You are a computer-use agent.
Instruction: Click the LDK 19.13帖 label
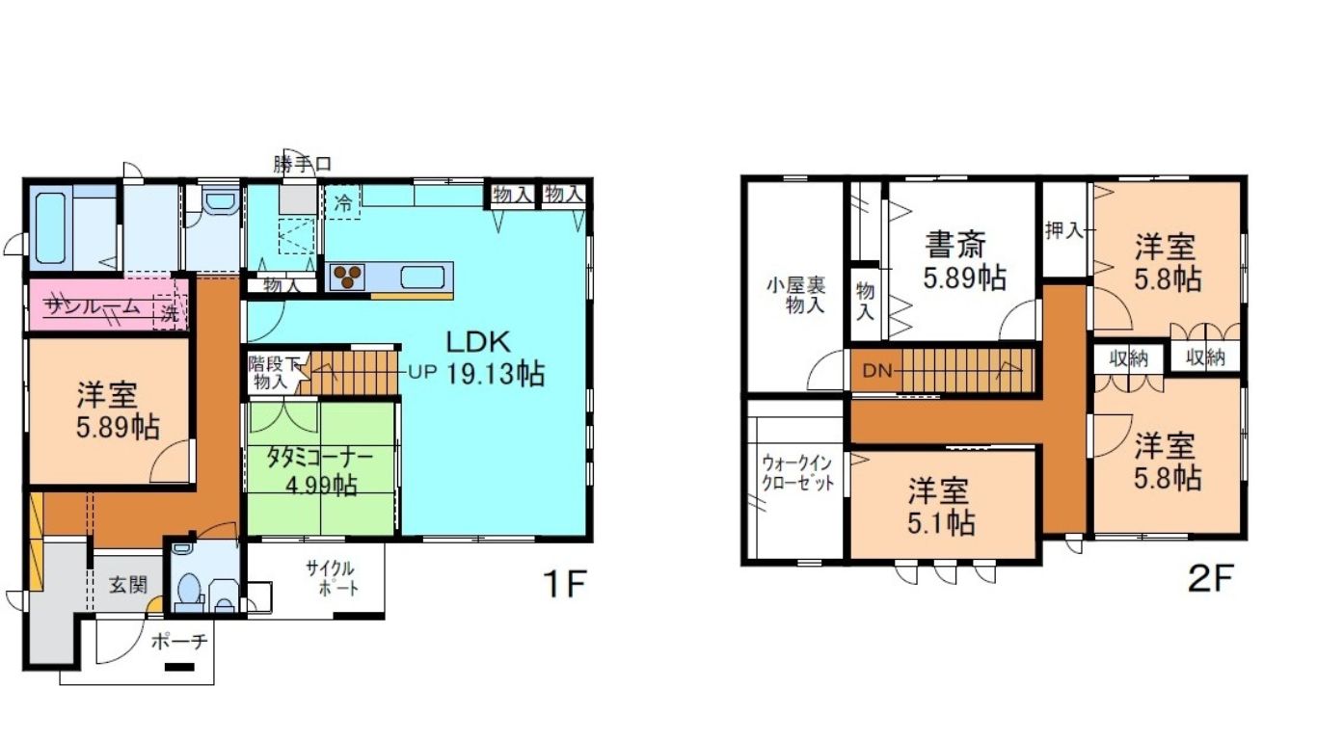coord(495,357)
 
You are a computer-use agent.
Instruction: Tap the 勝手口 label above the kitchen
coord(302,164)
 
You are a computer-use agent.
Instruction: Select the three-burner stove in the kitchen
coord(347,277)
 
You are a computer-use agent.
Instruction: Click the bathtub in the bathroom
coord(50,227)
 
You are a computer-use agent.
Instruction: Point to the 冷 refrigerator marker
coord(343,203)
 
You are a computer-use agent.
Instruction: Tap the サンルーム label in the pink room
coord(94,306)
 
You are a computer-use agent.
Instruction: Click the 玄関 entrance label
coord(127,585)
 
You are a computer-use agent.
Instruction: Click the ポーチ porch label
coord(179,642)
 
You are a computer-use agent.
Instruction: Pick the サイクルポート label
coord(331,578)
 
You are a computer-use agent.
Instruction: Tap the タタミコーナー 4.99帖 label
coord(320,471)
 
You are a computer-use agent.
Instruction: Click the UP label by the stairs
coord(422,372)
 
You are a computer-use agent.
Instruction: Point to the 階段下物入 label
coord(273,373)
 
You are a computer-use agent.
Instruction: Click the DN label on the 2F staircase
coord(877,371)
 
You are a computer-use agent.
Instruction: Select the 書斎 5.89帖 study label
coord(963,261)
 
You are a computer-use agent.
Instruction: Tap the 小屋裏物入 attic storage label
coord(796,296)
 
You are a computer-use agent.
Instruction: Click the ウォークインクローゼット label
coord(797,473)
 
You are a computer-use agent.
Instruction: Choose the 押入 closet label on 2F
coord(1064,230)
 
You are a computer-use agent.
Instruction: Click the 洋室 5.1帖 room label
coord(941,507)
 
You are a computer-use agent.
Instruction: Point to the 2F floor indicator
coord(1210,579)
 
